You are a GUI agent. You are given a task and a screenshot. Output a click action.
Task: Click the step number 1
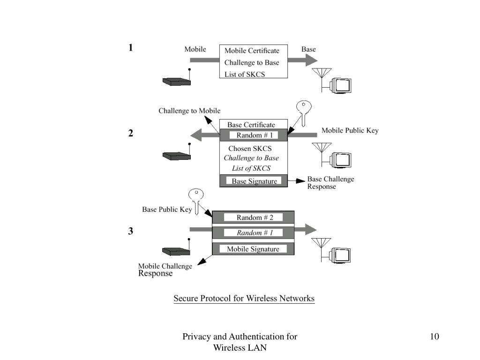(x=131, y=48)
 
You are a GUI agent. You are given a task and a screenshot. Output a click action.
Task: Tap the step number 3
(x=131, y=231)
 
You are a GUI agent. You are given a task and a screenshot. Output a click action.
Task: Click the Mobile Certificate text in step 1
(x=252, y=51)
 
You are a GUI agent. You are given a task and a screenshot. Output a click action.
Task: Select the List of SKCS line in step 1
(x=245, y=75)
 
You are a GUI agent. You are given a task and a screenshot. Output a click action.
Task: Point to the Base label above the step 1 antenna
(x=308, y=49)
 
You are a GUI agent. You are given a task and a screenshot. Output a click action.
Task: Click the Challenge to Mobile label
(x=189, y=111)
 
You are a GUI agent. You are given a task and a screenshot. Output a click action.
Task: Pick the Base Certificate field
(x=251, y=125)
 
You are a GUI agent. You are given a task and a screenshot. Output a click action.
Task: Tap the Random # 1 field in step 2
(x=254, y=135)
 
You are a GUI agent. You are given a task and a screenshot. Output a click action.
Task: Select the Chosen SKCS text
(x=250, y=149)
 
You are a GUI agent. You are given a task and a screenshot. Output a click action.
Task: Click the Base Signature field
(x=254, y=181)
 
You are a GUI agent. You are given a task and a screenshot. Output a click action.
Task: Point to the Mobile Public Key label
(x=350, y=130)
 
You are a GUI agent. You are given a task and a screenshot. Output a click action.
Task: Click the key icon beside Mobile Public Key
(x=304, y=112)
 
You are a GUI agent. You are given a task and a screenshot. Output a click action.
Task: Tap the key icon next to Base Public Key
(x=196, y=201)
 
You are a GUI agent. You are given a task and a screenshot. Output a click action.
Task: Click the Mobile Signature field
(x=253, y=249)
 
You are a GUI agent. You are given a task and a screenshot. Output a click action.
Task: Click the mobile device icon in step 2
(x=177, y=152)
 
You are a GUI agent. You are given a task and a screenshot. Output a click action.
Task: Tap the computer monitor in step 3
(x=340, y=255)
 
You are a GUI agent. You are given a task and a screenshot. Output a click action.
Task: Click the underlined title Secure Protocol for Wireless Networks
(x=244, y=299)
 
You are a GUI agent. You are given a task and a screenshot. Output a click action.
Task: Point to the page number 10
(x=435, y=337)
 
